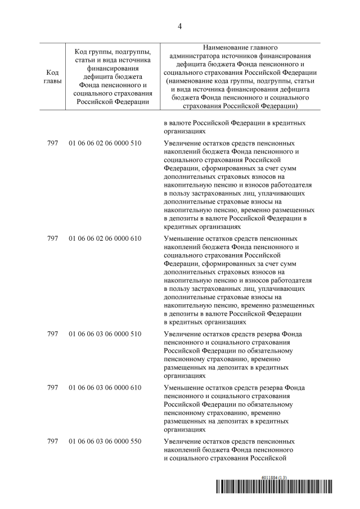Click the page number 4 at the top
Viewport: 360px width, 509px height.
tap(180, 25)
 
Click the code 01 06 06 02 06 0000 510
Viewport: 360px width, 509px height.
tap(105, 144)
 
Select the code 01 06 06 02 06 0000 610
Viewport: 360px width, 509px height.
tap(105, 238)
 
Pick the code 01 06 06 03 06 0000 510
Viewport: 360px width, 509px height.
tap(105, 334)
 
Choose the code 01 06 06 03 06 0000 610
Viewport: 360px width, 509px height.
tap(105, 388)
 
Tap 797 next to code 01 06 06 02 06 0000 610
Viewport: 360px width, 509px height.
tap(53, 238)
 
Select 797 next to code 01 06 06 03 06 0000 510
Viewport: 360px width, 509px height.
tap(53, 334)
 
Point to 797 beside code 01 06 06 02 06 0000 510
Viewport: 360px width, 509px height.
tap(53, 144)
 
